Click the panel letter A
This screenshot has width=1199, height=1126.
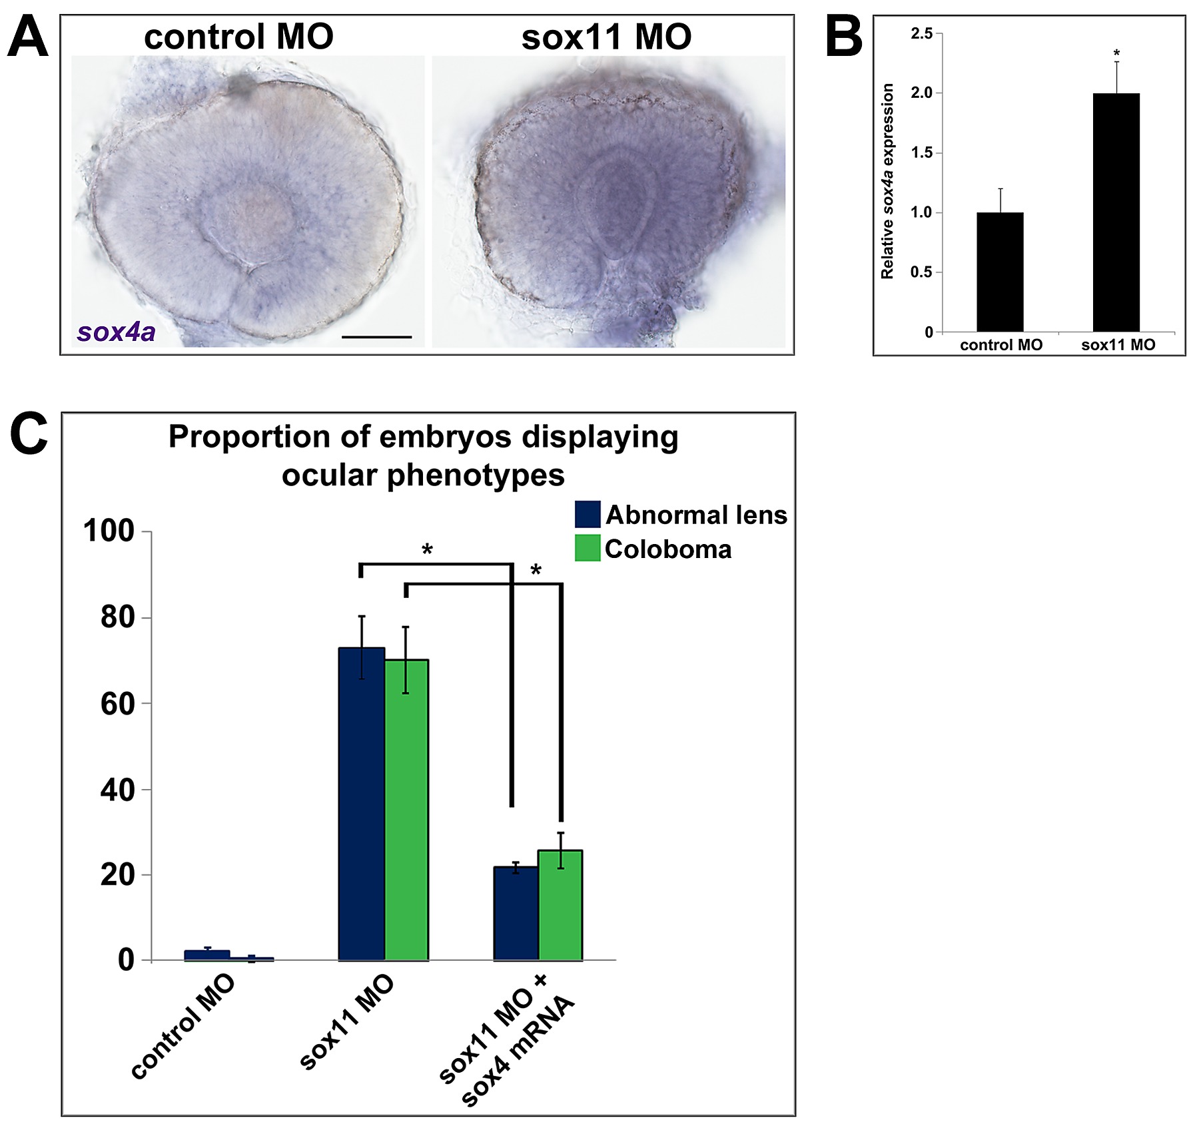pos(27,37)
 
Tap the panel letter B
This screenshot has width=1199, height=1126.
pos(843,37)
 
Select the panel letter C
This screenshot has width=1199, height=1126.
pos(29,433)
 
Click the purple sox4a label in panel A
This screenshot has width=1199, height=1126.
pos(116,332)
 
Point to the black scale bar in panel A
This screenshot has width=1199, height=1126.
pos(376,337)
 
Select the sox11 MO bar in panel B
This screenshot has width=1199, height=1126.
pos(1116,212)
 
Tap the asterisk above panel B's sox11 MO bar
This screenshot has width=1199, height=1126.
pos(1116,53)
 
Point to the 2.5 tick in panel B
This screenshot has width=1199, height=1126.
pos(922,33)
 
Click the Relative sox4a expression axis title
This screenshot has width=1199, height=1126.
pos(887,181)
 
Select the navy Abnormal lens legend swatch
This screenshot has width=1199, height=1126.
pos(588,515)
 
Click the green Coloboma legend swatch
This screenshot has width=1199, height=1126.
pos(588,548)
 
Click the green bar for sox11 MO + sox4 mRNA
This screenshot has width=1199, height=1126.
pos(560,905)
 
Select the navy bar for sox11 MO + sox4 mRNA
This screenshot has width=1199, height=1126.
pos(516,913)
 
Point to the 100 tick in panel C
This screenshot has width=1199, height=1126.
pos(109,531)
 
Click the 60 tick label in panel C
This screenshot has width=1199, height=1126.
pos(118,704)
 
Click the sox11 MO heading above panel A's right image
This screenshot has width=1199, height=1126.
pos(606,37)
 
